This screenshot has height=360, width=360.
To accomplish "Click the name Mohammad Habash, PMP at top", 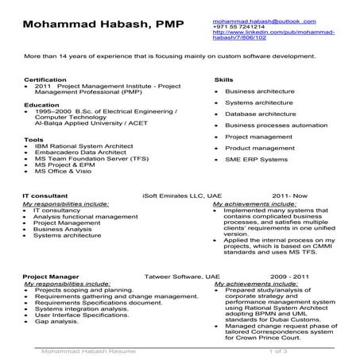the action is tap(103, 25).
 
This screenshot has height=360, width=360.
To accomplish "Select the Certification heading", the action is tap(45, 80).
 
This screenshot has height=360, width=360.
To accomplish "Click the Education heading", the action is tap(41, 104).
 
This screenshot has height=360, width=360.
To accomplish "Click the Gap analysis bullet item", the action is tap(52, 321).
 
